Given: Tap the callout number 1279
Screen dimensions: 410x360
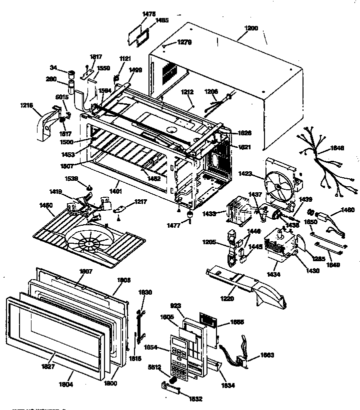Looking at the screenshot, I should tap(184, 43).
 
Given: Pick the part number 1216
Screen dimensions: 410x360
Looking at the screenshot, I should tap(27, 106).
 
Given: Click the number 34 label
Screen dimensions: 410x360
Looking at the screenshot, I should tap(53, 67).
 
